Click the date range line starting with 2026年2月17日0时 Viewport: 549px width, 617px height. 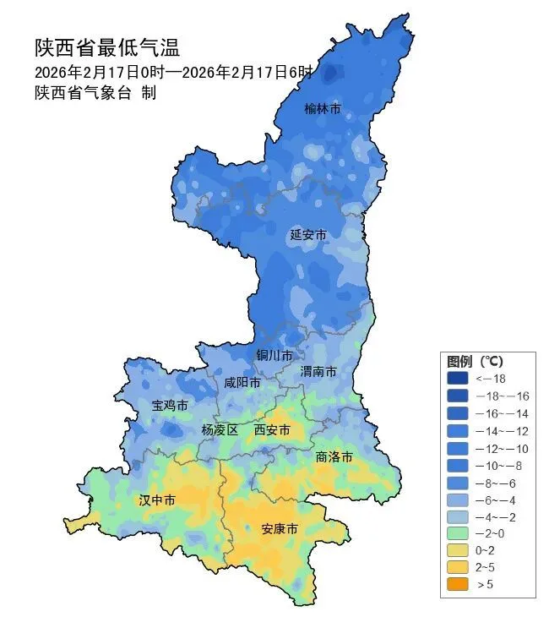173,71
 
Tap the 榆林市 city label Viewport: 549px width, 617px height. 323,109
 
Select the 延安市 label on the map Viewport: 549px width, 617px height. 307,234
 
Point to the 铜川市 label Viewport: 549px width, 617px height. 274,355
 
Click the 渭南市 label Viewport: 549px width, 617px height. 318,372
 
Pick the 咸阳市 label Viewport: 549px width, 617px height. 242,383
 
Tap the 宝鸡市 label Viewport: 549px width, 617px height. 170,406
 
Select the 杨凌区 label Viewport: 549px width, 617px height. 220,430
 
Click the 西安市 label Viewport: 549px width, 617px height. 272,430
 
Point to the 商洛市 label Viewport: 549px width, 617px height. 334,456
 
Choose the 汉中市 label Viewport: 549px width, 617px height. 157,500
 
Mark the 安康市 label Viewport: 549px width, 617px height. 279,529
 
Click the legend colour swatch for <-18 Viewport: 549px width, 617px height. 459,379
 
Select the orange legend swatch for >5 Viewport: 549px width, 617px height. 459,584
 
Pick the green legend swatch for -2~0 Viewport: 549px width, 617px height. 459,532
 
